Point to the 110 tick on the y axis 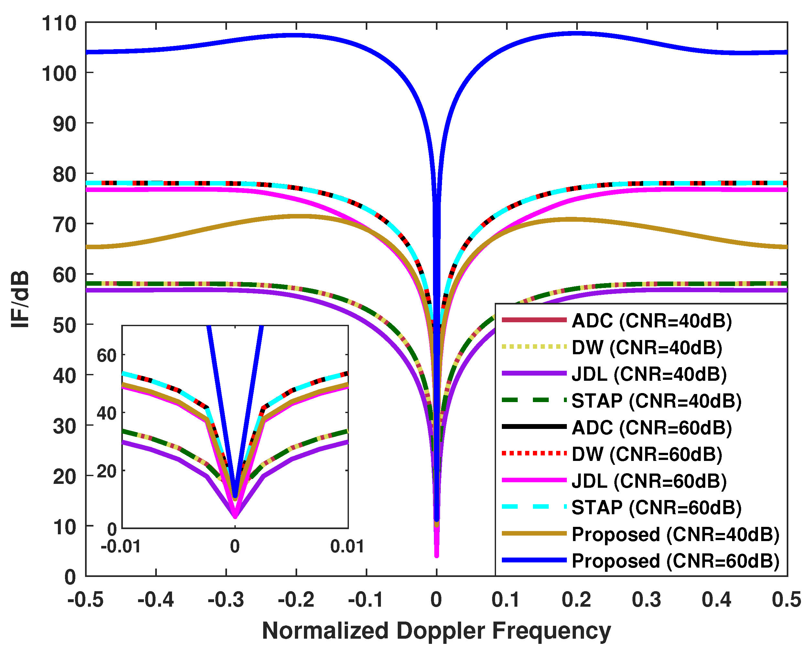click(x=59, y=23)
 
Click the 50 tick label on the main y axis click(x=64, y=325)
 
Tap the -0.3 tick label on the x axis click(x=226, y=600)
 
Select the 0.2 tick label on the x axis click(x=576, y=600)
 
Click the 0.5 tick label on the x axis click(x=787, y=600)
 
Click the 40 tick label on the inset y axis click(x=107, y=413)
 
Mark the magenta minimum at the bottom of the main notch click(x=437, y=555)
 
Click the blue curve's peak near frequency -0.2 click(x=297, y=36)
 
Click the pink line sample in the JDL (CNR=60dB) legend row click(x=534, y=480)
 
